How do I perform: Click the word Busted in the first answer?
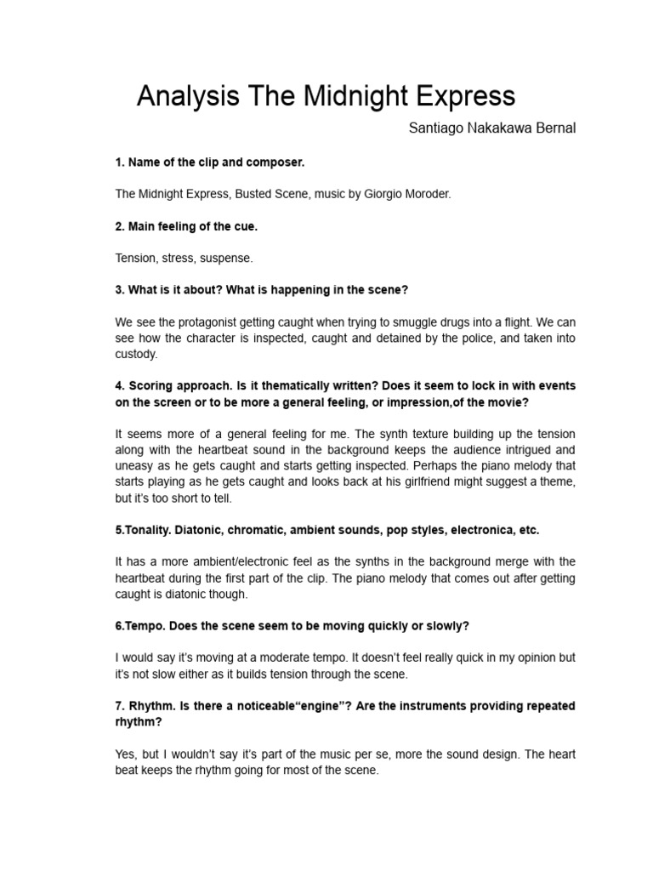click(x=247, y=194)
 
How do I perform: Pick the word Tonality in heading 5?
click(x=146, y=530)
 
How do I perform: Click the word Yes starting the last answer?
click(x=125, y=754)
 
